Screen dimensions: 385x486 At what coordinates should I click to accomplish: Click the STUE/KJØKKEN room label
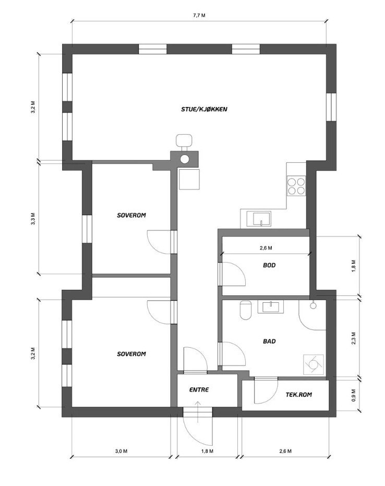(204, 109)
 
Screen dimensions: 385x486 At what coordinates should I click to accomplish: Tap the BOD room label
(269, 265)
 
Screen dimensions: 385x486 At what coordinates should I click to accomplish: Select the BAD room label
(269, 341)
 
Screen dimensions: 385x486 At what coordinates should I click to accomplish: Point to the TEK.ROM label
(298, 395)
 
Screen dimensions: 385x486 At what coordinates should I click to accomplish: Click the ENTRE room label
(199, 389)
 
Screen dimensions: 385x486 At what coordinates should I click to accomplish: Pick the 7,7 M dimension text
(199, 16)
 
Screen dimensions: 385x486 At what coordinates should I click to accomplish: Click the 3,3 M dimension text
(33, 219)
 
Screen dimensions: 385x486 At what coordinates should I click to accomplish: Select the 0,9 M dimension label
(354, 395)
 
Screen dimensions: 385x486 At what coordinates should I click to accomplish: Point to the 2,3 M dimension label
(354, 338)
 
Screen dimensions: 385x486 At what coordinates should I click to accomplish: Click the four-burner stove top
(296, 186)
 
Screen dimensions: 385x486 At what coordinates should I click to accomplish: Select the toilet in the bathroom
(246, 310)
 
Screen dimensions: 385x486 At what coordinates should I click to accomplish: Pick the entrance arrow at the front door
(198, 411)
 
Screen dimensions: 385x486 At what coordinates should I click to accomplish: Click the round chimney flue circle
(185, 159)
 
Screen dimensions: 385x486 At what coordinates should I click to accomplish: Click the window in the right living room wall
(331, 107)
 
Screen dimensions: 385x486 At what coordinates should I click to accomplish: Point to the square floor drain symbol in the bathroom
(314, 364)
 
